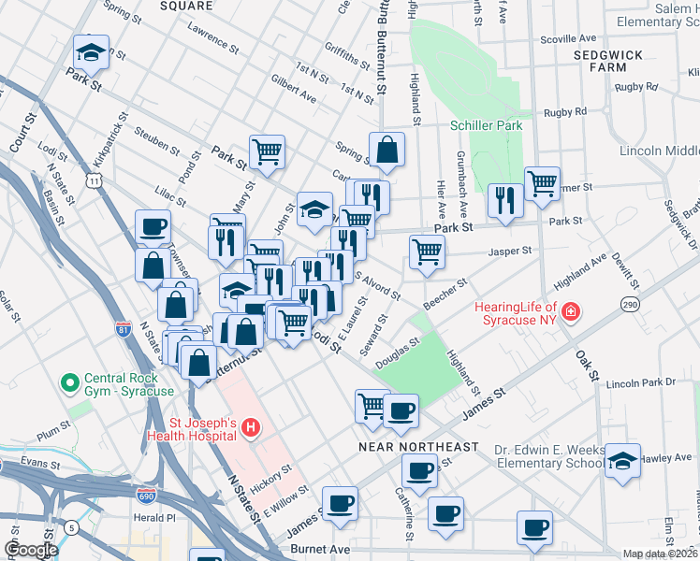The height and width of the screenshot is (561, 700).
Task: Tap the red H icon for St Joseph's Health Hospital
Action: click(250, 428)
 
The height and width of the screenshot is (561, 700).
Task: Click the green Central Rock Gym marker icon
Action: click(68, 382)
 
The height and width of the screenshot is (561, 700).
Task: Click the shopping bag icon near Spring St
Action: click(386, 150)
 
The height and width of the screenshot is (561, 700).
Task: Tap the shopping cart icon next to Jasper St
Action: click(427, 252)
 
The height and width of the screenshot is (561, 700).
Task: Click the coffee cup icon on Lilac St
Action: click(153, 226)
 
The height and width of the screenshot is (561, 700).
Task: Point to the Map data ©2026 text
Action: click(659, 554)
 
